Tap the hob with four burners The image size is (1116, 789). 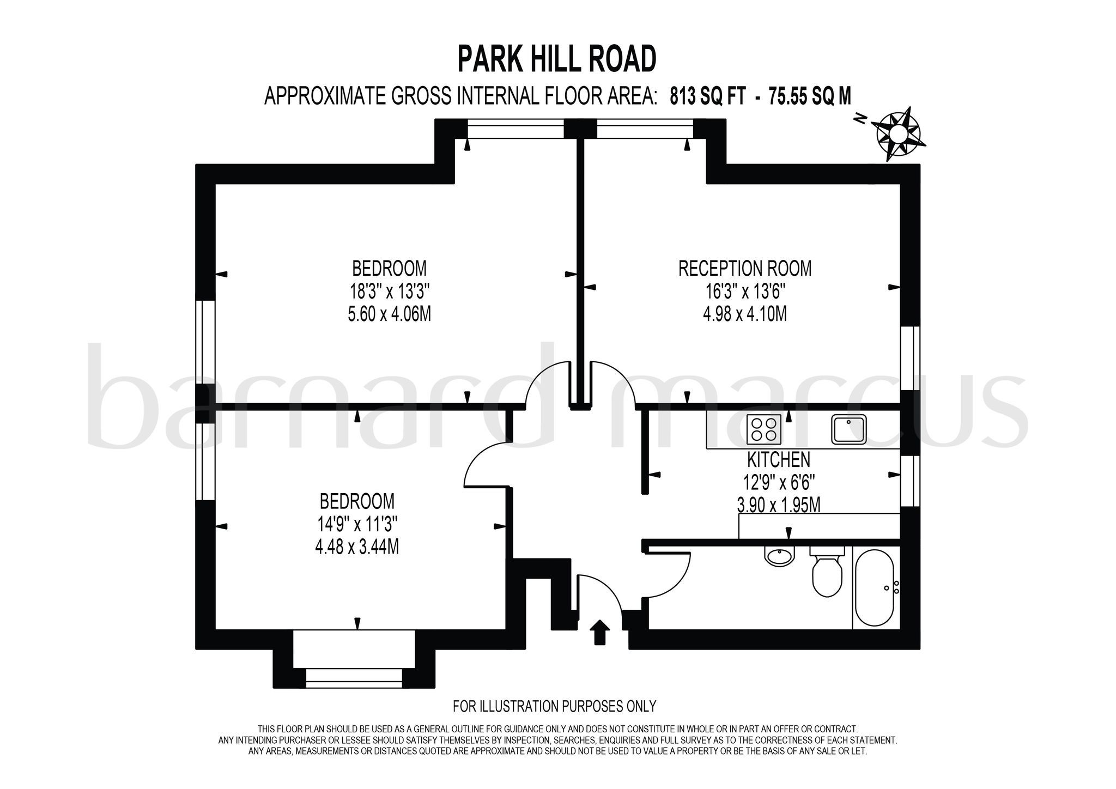pos(765,429)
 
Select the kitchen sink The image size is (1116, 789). pos(849,428)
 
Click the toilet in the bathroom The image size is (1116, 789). pos(827,572)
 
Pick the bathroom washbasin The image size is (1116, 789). pos(780,556)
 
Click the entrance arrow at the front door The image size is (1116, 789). pos(599,632)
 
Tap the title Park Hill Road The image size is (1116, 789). pos(556,59)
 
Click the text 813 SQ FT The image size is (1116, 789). pos(705,96)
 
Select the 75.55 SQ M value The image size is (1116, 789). pos(809,96)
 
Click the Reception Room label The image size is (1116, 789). pos(744,269)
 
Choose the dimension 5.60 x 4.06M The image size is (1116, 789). pos(389,314)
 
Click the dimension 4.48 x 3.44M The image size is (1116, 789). pos(357,547)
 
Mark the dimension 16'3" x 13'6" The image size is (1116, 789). pos(744,292)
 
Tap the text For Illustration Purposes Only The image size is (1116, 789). pos(554,707)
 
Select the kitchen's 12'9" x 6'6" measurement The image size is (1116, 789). pos(779,483)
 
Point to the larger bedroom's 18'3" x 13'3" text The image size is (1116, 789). pos(389,292)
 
